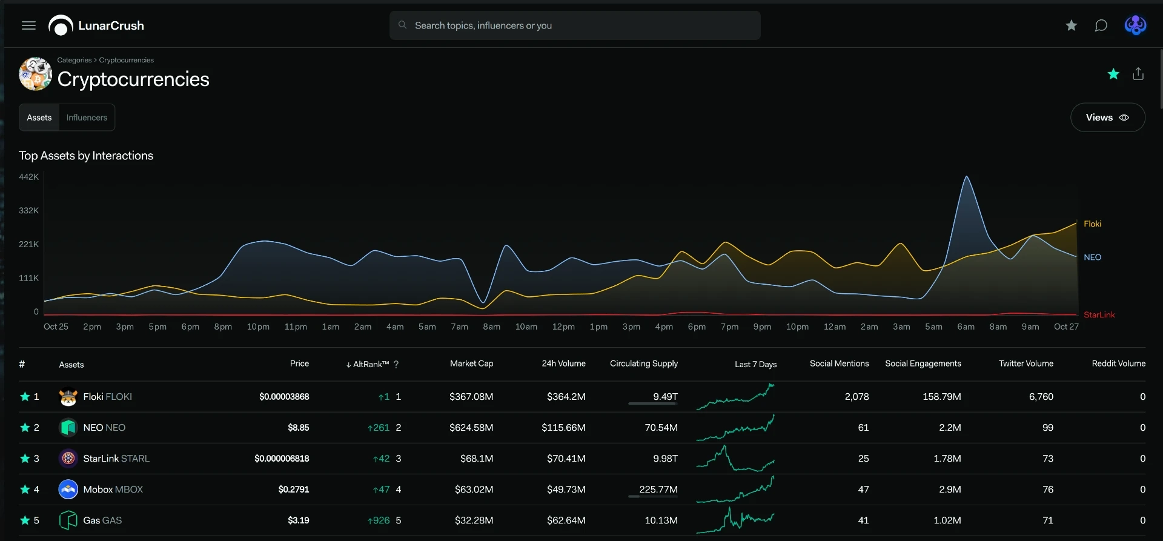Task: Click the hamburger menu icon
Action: pos(28,25)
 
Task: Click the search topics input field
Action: pos(575,25)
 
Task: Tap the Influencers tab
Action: pos(87,118)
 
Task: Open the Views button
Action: pos(1107,118)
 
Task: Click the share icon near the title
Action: pos(1138,74)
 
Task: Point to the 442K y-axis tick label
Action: pos(28,177)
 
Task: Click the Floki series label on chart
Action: pos(1092,224)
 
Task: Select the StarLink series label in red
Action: pos(1099,315)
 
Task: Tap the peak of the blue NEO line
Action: pos(967,176)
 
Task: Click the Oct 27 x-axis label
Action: pos(1066,327)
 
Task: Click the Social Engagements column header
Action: pos(923,363)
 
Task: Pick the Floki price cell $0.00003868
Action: pos(284,397)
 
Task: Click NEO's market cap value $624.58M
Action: pos(471,428)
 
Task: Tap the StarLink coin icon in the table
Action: pos(68,459)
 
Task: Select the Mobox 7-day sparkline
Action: pos(735,490)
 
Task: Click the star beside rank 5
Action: pos(25,520)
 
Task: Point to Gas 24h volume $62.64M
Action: pos(566,520)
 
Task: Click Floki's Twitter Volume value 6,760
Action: pos(1041,397)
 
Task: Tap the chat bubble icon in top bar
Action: pos(1101,25)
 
